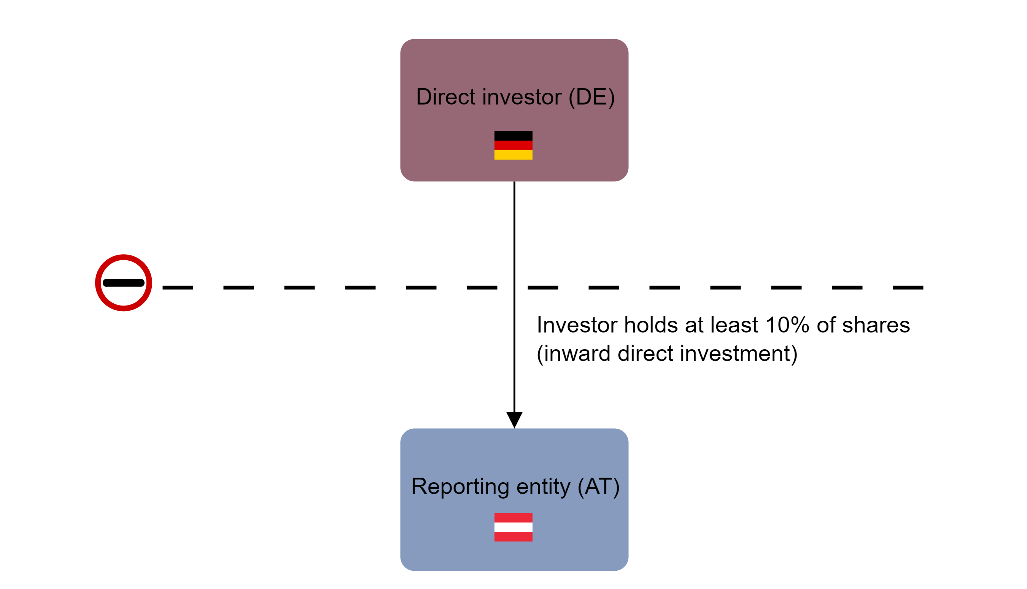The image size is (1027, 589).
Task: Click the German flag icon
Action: tap(513, 145)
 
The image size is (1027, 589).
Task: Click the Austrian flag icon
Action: tap(513, 527)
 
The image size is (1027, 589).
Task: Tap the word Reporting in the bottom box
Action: tap(460, 487)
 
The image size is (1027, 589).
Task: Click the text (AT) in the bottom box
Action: tap(598, 487)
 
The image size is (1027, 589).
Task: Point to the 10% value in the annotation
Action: tap(787, 325)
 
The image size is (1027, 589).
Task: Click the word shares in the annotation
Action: tap(876, 325)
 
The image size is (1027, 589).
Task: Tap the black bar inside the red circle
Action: tap(124, 283)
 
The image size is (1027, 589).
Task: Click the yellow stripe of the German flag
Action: tap(513, 155)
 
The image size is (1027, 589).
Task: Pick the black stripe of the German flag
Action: tap(513, 136)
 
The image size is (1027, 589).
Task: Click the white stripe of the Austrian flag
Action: tap(513, 527)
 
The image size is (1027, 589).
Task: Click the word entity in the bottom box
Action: tap(543, 487)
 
